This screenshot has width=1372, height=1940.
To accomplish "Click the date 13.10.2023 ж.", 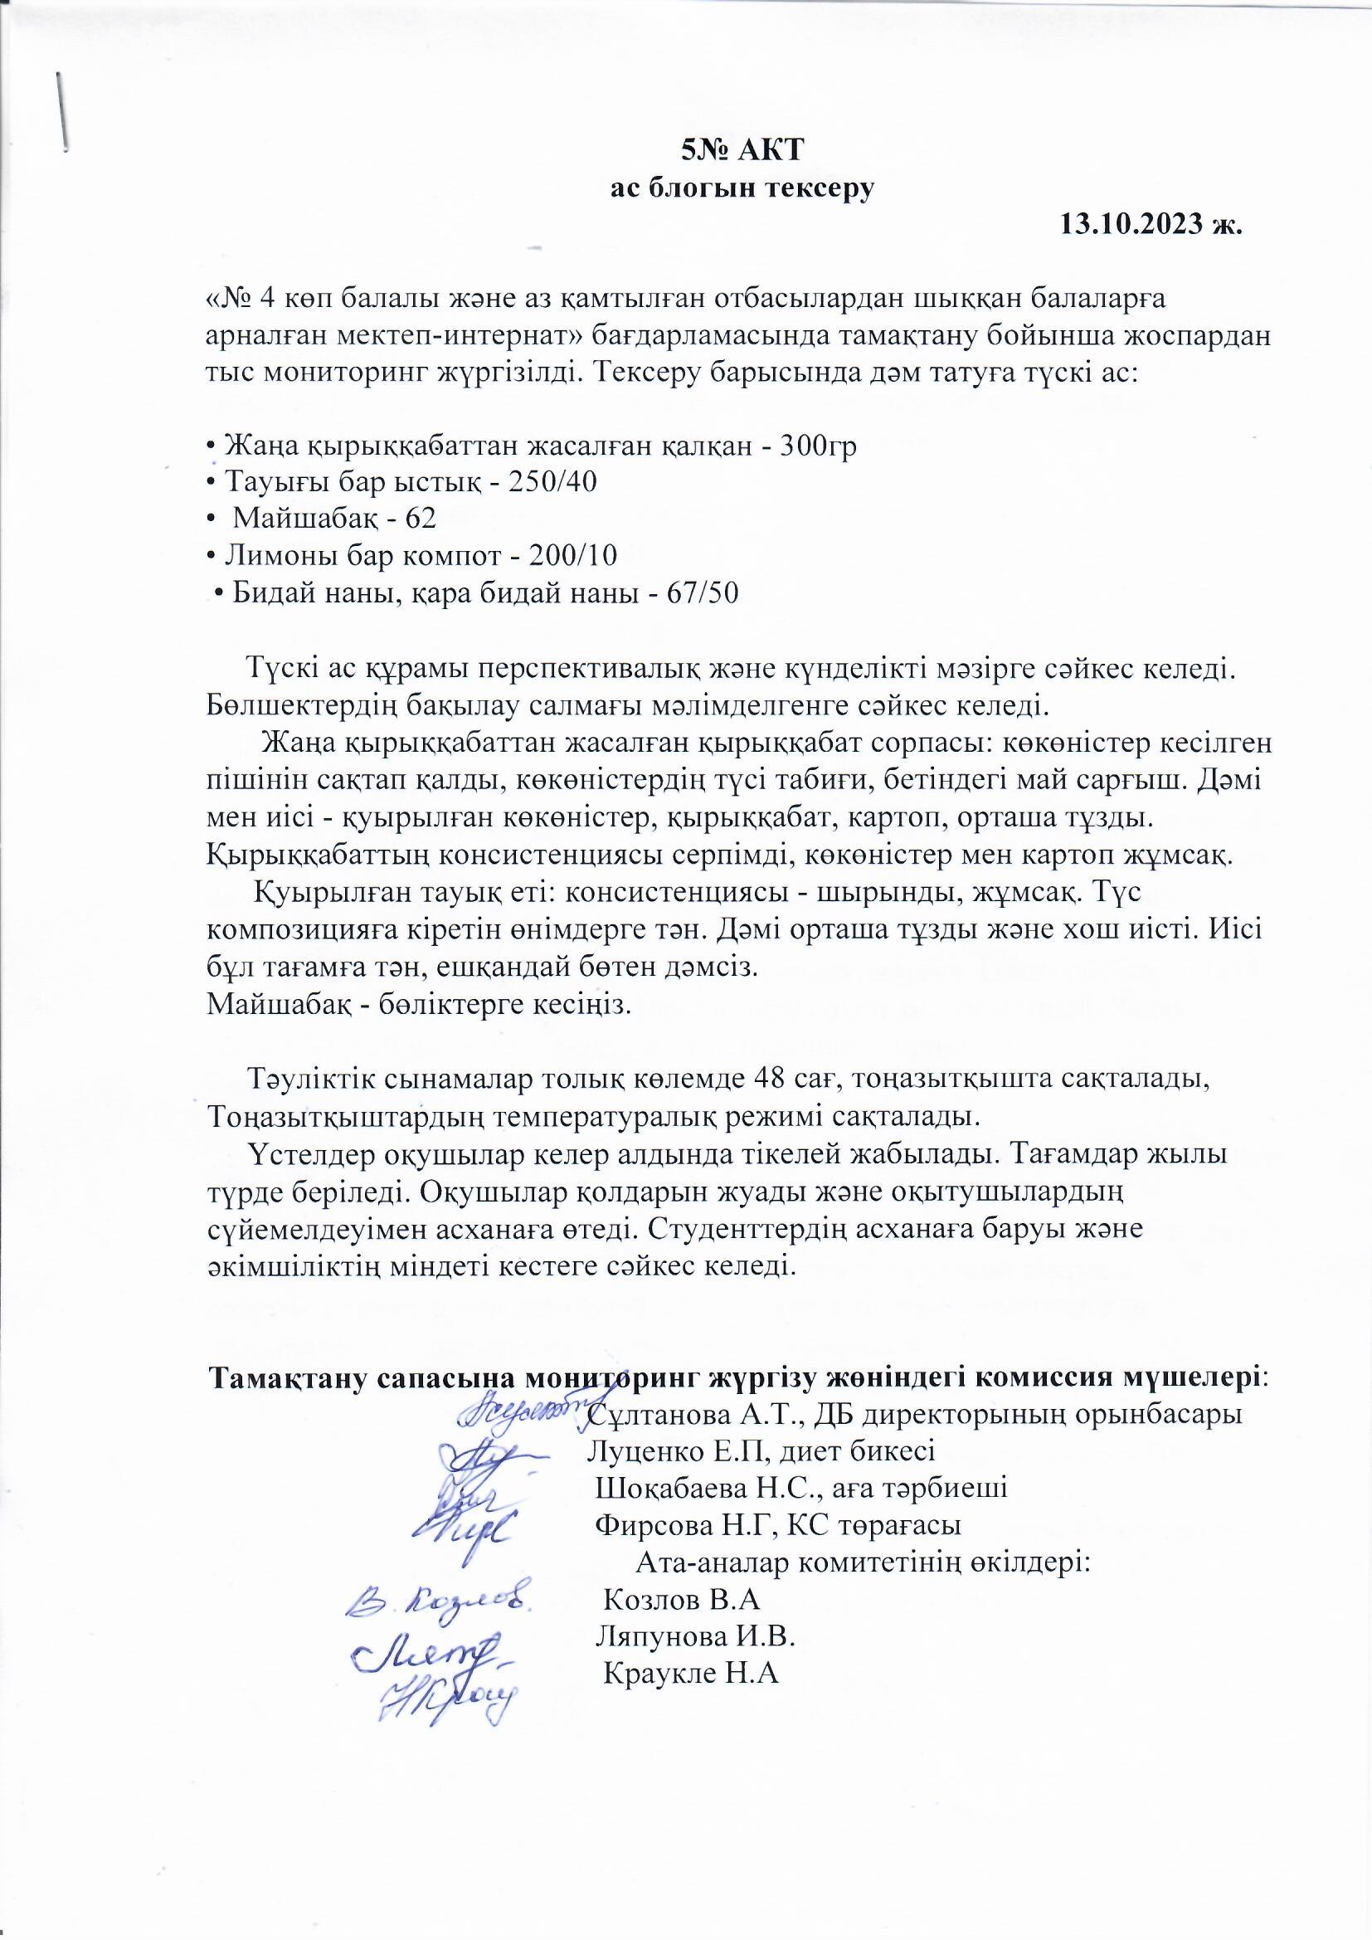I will click(x=1151, y=224).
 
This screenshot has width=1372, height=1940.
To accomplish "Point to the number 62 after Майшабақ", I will click(x=420, y=518).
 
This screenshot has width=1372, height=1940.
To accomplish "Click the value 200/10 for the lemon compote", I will click(x=572, y=555).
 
